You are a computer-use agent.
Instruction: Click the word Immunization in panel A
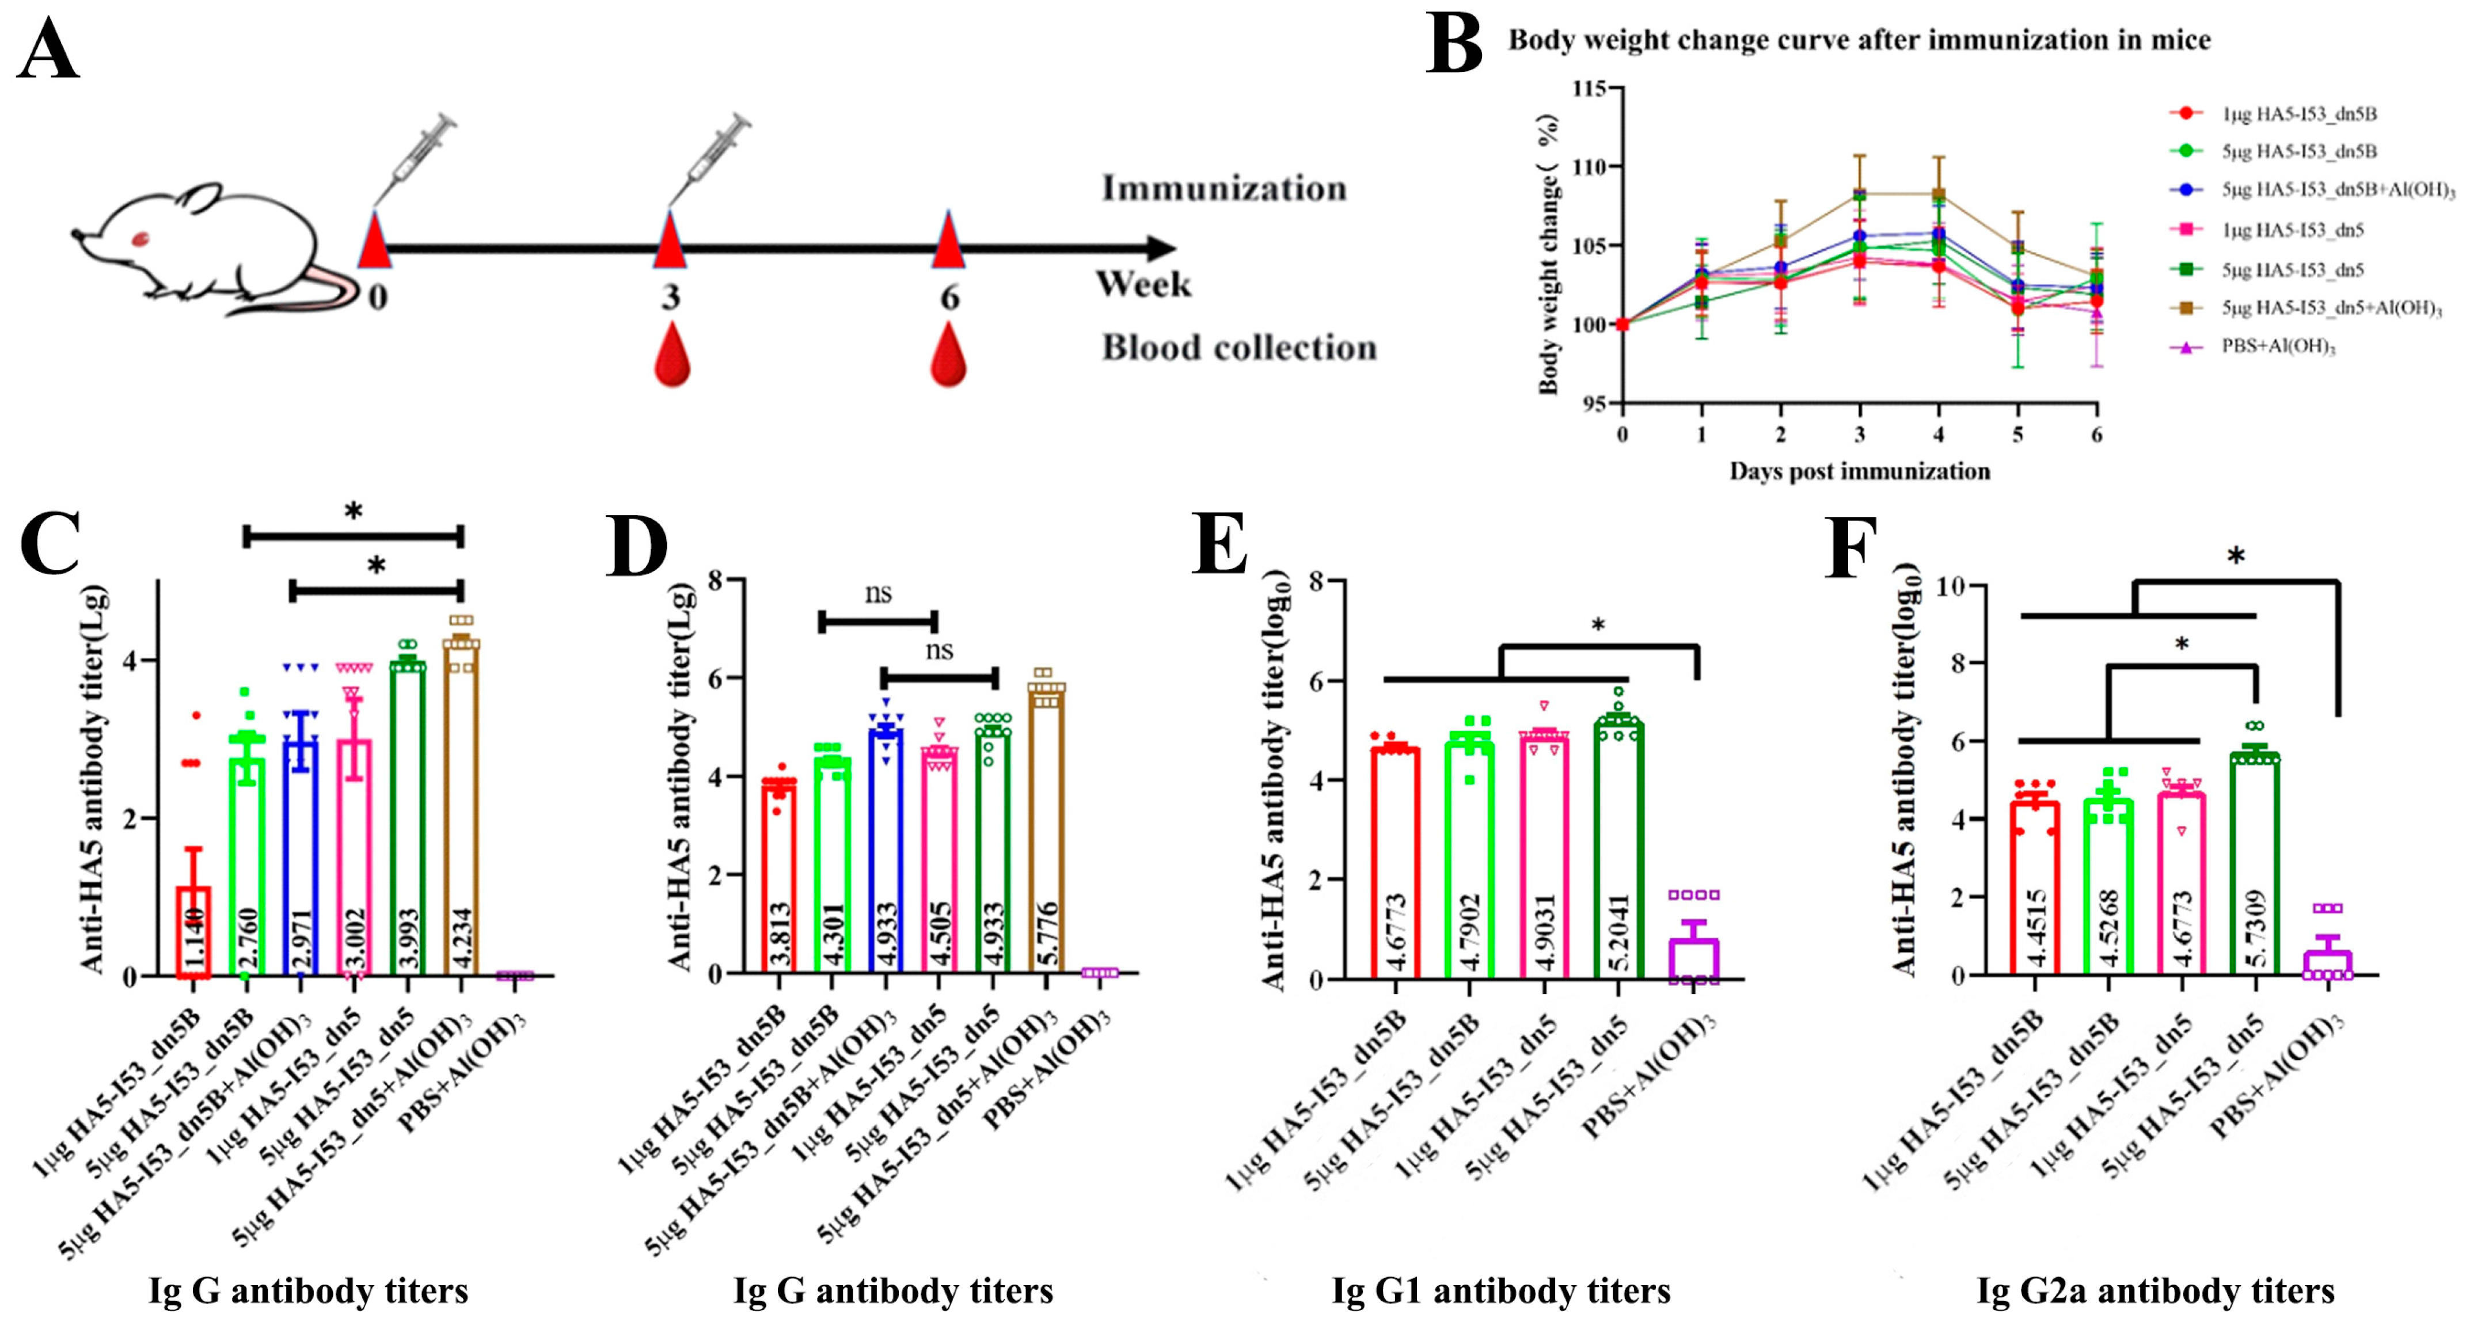pos(1223,189)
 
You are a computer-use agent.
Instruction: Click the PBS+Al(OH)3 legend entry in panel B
pos(2278,346)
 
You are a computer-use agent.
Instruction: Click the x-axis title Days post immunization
pos(1859,471)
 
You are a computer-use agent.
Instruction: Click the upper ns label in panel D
pos(878,595)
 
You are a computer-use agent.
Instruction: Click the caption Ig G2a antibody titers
pos(2155,1291)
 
